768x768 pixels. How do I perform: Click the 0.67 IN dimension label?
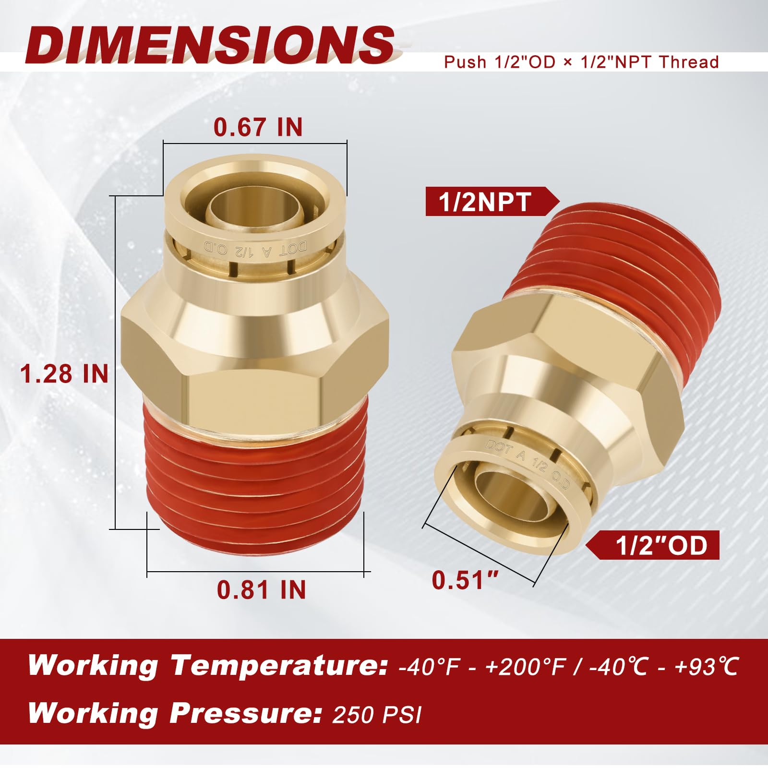[258, 127]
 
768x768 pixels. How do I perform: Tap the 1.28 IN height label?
[64, 374]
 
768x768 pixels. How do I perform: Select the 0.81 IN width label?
[261, 590]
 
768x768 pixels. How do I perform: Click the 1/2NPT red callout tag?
[485, 202]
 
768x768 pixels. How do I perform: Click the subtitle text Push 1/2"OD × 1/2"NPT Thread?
[581, 62]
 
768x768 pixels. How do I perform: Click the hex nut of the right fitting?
[566, 365]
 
